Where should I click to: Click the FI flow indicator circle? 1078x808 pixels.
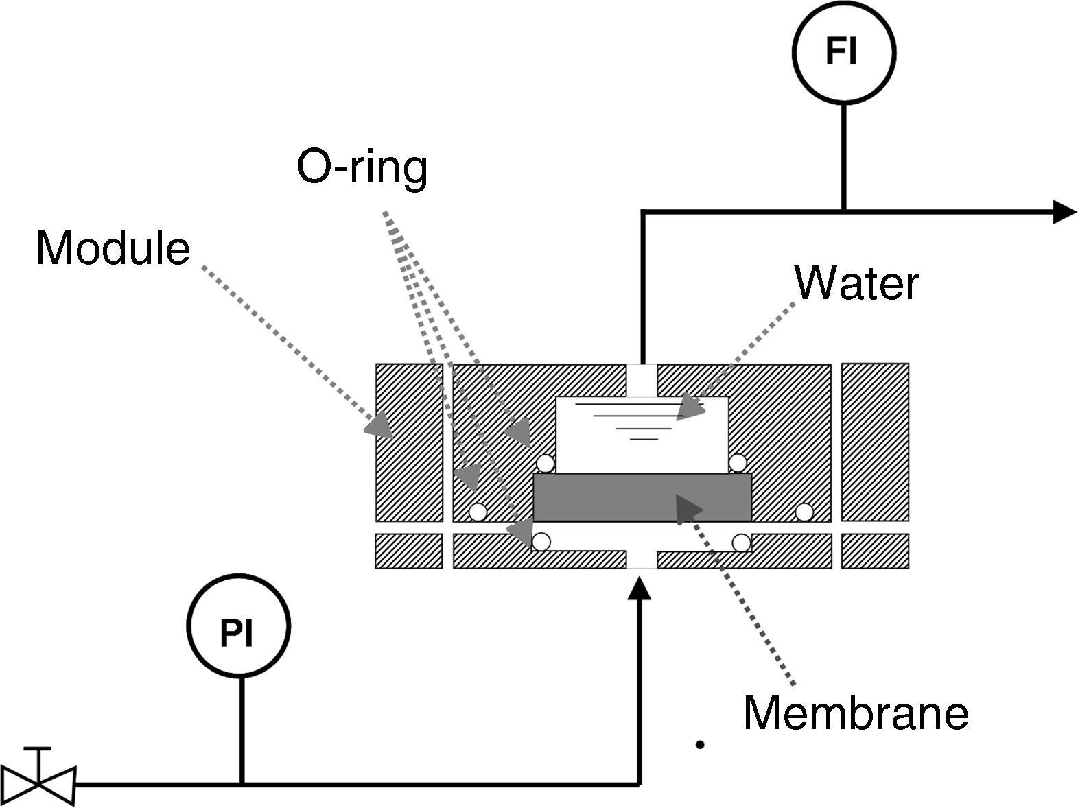tap(844, 52)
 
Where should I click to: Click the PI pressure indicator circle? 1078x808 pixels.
tap(239, 626)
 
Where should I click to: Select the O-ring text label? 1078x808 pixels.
tap(362, 169)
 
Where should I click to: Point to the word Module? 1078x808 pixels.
tap(113, 248)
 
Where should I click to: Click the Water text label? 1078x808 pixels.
tap(857, 283)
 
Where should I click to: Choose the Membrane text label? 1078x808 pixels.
tap(856, 713)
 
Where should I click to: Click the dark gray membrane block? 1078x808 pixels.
tap(642, 497)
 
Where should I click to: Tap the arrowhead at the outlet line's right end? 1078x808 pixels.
tap(1065, 212)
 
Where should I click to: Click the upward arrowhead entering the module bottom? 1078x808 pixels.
tap(640, 588)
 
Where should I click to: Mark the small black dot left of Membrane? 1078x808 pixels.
tap(701, 745)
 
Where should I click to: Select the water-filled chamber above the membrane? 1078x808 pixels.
tap(642, 436)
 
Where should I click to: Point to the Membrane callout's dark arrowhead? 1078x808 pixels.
tap(688, 510)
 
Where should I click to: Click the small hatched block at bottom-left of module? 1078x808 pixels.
tap(408, 551)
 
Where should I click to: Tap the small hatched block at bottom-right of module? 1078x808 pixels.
tap(875, 551)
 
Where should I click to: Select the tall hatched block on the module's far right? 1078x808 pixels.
tap(875, 442)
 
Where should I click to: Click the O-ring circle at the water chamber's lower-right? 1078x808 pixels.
tap(738, 463)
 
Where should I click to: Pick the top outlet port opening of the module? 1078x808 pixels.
tap(642, 381)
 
